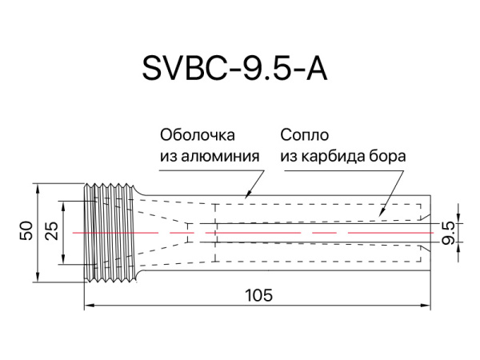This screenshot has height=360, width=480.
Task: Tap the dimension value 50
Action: click(x=26, y=231)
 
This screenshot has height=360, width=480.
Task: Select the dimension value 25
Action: click(x=52, y=231)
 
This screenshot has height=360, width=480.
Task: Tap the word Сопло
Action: click(x=305, y=134)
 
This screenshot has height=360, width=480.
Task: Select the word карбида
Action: click(x=334, y=155)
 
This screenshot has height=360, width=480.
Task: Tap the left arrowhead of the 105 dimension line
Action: click(x=88, y=305)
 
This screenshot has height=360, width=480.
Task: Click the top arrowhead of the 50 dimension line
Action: click(x=39, y=187)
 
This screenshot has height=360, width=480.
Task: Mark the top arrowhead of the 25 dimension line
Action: click(x=64, y=202)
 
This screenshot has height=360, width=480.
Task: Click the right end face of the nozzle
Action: click(x=431, y=232)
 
